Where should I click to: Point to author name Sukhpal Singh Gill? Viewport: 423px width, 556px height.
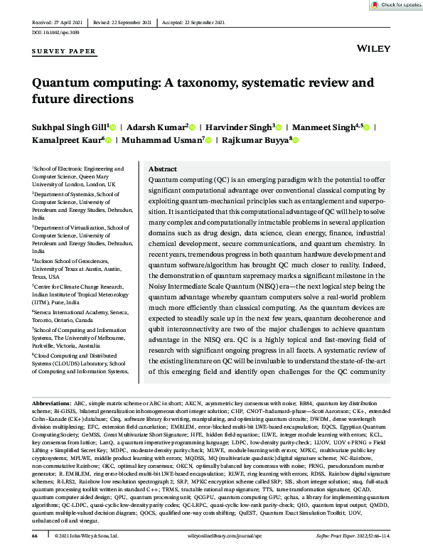point(68,126)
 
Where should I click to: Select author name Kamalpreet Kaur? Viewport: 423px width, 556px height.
point(65,141)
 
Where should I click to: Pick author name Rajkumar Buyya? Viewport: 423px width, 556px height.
point(255,141)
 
